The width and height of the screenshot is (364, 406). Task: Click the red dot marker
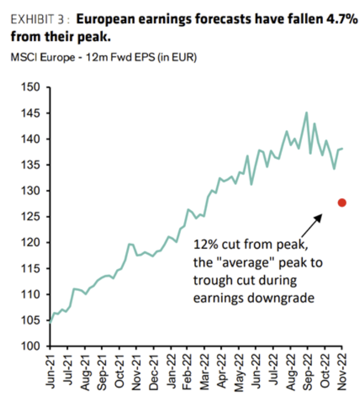(342, 203)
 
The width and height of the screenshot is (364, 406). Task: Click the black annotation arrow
(312, 225)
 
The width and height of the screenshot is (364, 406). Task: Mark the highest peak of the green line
(306, 112)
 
